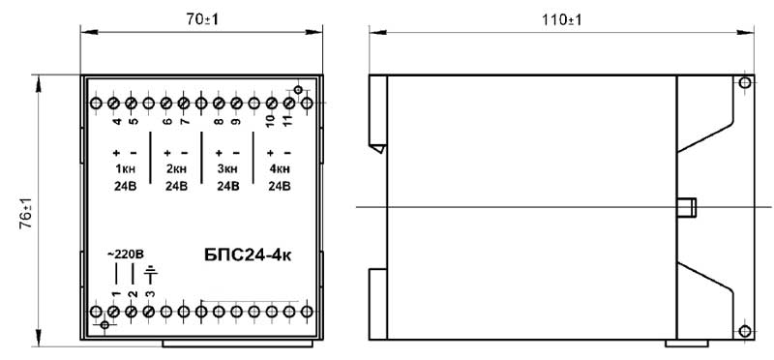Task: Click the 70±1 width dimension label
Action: click(201, 19)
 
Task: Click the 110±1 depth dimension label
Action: click(562, 19)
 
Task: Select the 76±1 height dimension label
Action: click(26, 213)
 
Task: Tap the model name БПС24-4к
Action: click(247, 255)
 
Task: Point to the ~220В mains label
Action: click(126, 255)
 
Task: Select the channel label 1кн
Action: click(125, 169)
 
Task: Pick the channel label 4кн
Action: click(280, 169)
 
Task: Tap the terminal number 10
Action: click(271, 123)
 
